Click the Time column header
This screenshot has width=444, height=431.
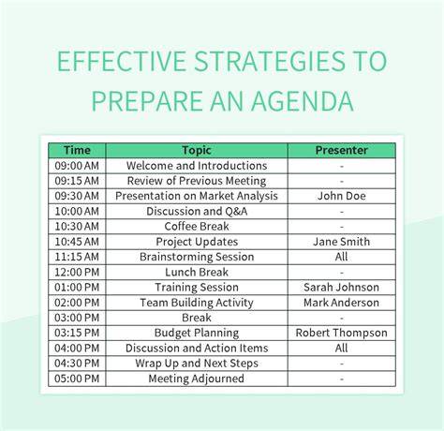coord(77,150)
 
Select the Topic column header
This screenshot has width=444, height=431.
coord(197,150)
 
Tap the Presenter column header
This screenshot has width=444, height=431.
coord(341,150)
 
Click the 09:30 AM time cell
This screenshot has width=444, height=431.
coord(77,196)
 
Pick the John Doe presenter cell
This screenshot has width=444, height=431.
coord(341,196)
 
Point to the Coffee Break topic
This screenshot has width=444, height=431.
coord(197,226)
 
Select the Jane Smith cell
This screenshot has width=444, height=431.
coord(341,242)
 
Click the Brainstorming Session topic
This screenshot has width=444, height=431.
coord(197,257)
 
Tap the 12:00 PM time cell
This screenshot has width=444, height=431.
coord(77,272)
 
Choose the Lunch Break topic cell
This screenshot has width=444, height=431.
coord(197,272)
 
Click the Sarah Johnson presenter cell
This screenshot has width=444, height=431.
coord(341,287)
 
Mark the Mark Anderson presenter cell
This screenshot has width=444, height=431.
coord(341,303)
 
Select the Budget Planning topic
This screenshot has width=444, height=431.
coord(197,333)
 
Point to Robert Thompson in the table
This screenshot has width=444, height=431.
coord(341,333)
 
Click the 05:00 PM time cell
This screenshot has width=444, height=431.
coord(77,379)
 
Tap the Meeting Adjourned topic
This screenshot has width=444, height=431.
coord(197,379)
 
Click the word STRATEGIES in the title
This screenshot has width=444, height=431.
coord(270,61)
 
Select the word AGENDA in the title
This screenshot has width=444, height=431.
coord(303,101)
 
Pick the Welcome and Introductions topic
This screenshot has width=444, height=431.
coord(197,166)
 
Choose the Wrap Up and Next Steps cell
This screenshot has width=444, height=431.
coord(197,364)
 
